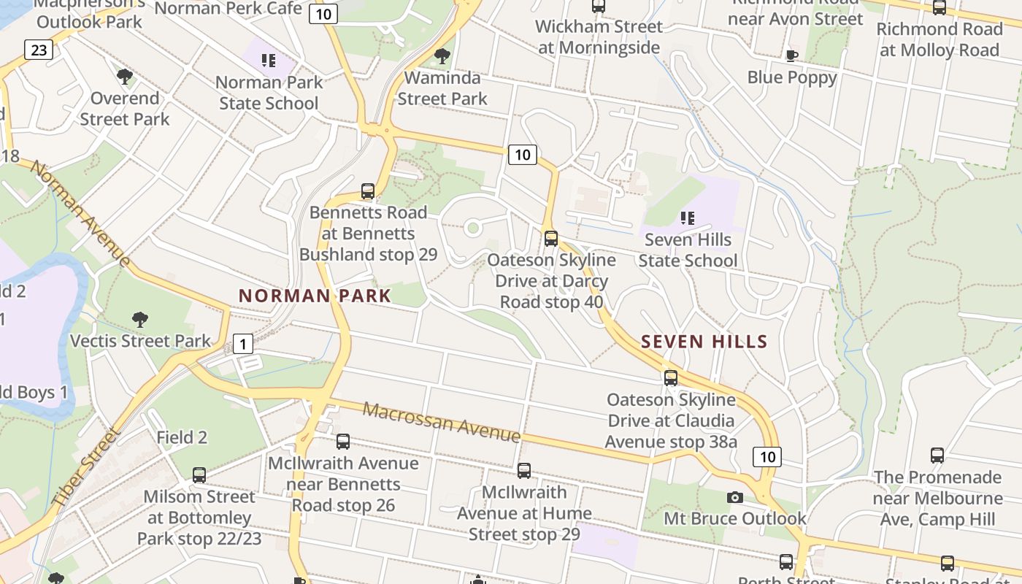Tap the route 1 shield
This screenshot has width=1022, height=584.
243,344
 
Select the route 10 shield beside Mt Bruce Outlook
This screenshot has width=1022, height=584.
767,457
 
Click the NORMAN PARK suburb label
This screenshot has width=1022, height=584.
315,296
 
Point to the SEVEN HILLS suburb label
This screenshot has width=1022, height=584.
704,342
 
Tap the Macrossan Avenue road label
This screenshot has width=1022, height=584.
442,422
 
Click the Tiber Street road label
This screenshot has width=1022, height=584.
86,468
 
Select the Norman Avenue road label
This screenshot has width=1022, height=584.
80,215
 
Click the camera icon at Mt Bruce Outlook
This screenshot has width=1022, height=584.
735,497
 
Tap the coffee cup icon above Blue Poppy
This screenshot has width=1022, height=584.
791,55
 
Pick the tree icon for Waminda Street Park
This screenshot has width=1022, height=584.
442,56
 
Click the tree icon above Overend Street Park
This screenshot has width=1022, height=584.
125,76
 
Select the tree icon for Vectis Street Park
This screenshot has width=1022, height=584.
140,319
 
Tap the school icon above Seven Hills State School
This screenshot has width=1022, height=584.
687,218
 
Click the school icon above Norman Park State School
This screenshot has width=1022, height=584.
269,60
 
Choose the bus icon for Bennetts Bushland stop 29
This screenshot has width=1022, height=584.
368,191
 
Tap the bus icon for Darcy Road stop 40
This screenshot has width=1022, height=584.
551,238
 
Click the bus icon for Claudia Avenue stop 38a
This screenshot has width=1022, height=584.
671,378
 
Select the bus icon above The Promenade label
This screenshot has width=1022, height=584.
937,456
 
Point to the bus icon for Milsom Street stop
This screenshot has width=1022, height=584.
199,475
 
